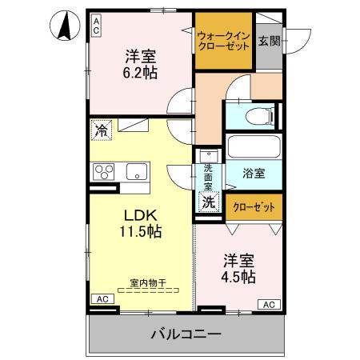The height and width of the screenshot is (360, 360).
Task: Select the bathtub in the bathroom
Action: [x=254, y=148]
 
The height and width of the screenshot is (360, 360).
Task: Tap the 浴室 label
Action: [x=255, y=172]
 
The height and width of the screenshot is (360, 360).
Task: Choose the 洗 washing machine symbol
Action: [x=208, y=202]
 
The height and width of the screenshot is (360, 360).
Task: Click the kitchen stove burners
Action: [x=104, y=170]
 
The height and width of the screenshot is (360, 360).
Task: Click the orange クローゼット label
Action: [x=253, y=206]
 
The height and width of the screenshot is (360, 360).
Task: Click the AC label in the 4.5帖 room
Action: [x=270, y=304]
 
